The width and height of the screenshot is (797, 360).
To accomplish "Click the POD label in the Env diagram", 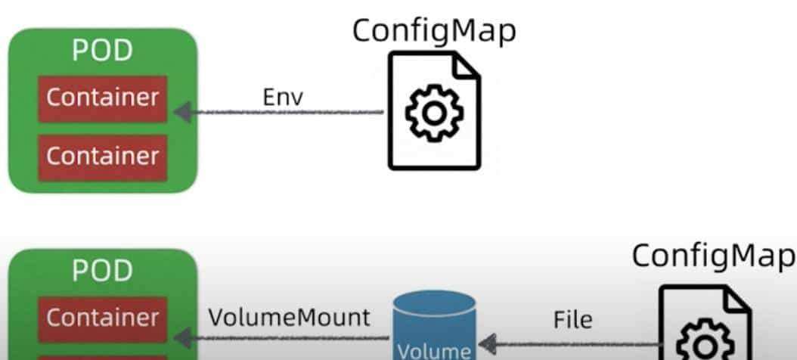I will (102, 50).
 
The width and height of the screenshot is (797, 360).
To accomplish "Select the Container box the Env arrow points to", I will (102, 98).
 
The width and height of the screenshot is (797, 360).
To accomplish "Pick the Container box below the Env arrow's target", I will (102, 157).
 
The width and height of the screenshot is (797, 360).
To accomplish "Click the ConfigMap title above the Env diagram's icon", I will (435, 30).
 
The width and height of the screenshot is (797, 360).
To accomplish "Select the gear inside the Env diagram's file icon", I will (434, 113).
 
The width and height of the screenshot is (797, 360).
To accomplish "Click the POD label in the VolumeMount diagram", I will (102, 270).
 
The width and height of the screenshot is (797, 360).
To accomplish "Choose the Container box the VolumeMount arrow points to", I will (102, 318).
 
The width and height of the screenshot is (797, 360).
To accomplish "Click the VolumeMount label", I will (290, 317).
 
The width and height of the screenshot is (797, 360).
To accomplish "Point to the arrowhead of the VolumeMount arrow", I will (181, 334).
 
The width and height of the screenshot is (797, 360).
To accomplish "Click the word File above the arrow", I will (572, 320).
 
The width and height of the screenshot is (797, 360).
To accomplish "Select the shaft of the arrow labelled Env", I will (287, 113).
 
